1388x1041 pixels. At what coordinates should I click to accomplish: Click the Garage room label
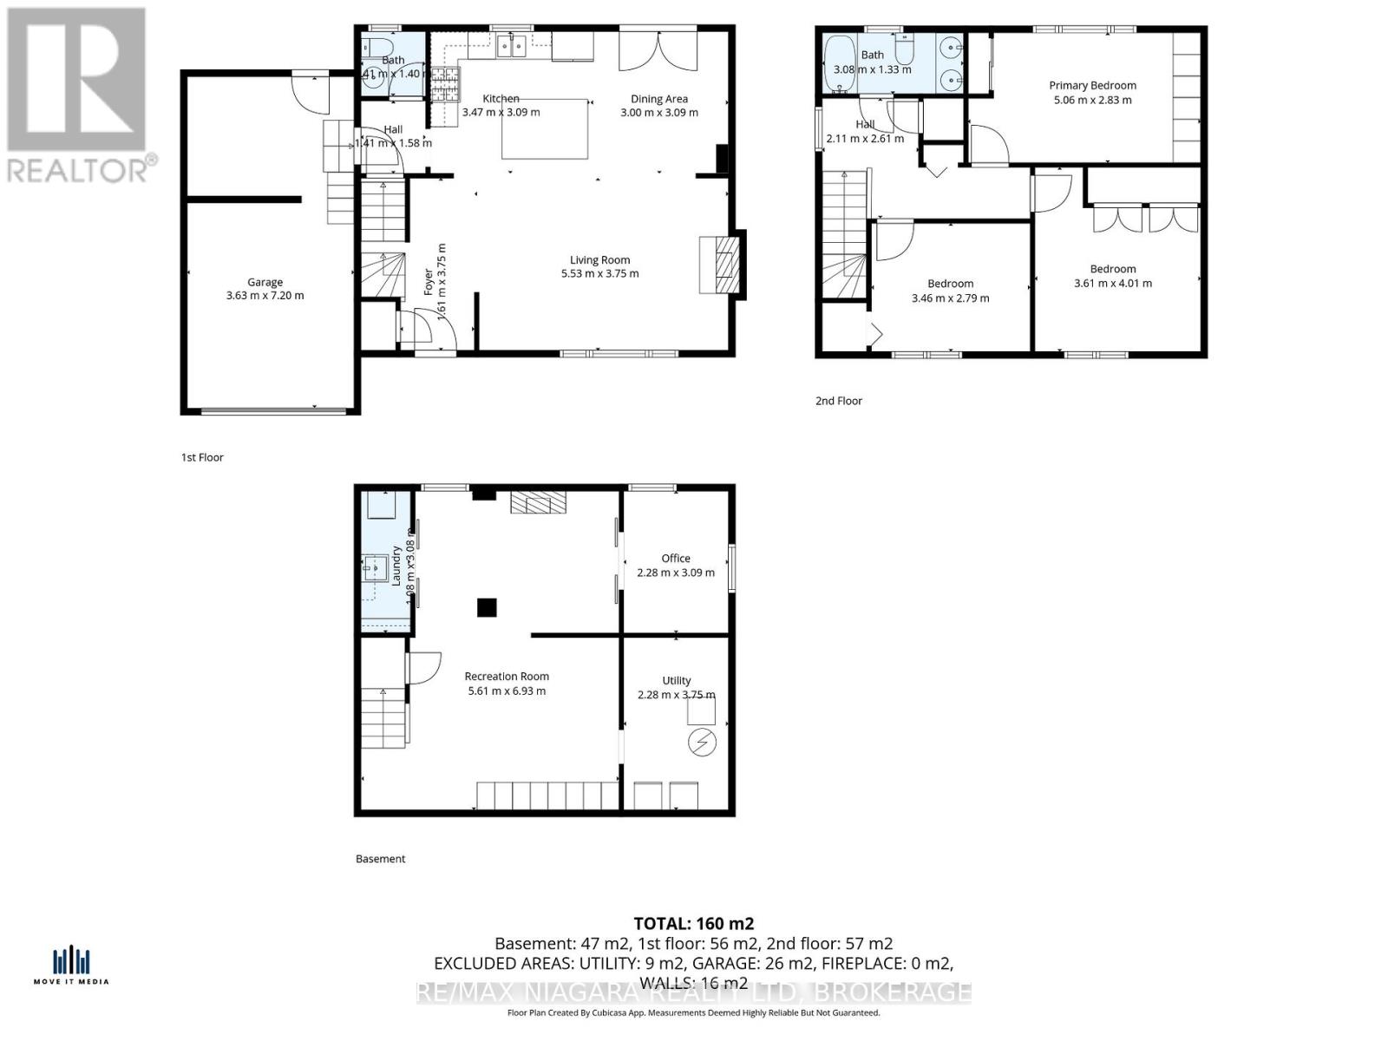[x=265, y=282]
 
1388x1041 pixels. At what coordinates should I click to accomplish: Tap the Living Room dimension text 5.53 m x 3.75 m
[x=599, y=273]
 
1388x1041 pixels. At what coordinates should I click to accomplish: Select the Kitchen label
[x=501, y=99]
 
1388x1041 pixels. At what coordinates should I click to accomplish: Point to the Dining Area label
[x=658, y=99]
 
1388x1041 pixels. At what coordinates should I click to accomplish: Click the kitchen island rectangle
[x=545, y=129]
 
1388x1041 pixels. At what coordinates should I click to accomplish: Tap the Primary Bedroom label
[x=1092, y=85]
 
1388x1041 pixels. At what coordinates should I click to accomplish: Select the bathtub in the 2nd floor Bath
[x=839, y=64]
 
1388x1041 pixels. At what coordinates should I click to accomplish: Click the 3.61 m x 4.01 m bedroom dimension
[x=1113, y=283]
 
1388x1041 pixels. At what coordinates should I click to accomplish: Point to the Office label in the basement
[x=676, y=558]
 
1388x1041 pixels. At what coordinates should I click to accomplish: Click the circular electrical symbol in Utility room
[x=701, y=743]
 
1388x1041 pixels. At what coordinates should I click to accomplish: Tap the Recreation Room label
[x=507, y=676]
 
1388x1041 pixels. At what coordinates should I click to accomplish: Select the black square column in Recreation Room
[x=487, y=607]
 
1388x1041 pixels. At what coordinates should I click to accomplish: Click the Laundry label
[x=396, y=565]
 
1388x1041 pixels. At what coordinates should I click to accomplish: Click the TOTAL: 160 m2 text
[x=693, y=923]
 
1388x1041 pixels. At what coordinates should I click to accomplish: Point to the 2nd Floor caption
[x=838, y=401]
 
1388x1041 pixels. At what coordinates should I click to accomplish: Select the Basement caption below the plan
[x=380, y=859]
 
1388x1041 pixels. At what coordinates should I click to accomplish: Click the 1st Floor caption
[x=202, y=457]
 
